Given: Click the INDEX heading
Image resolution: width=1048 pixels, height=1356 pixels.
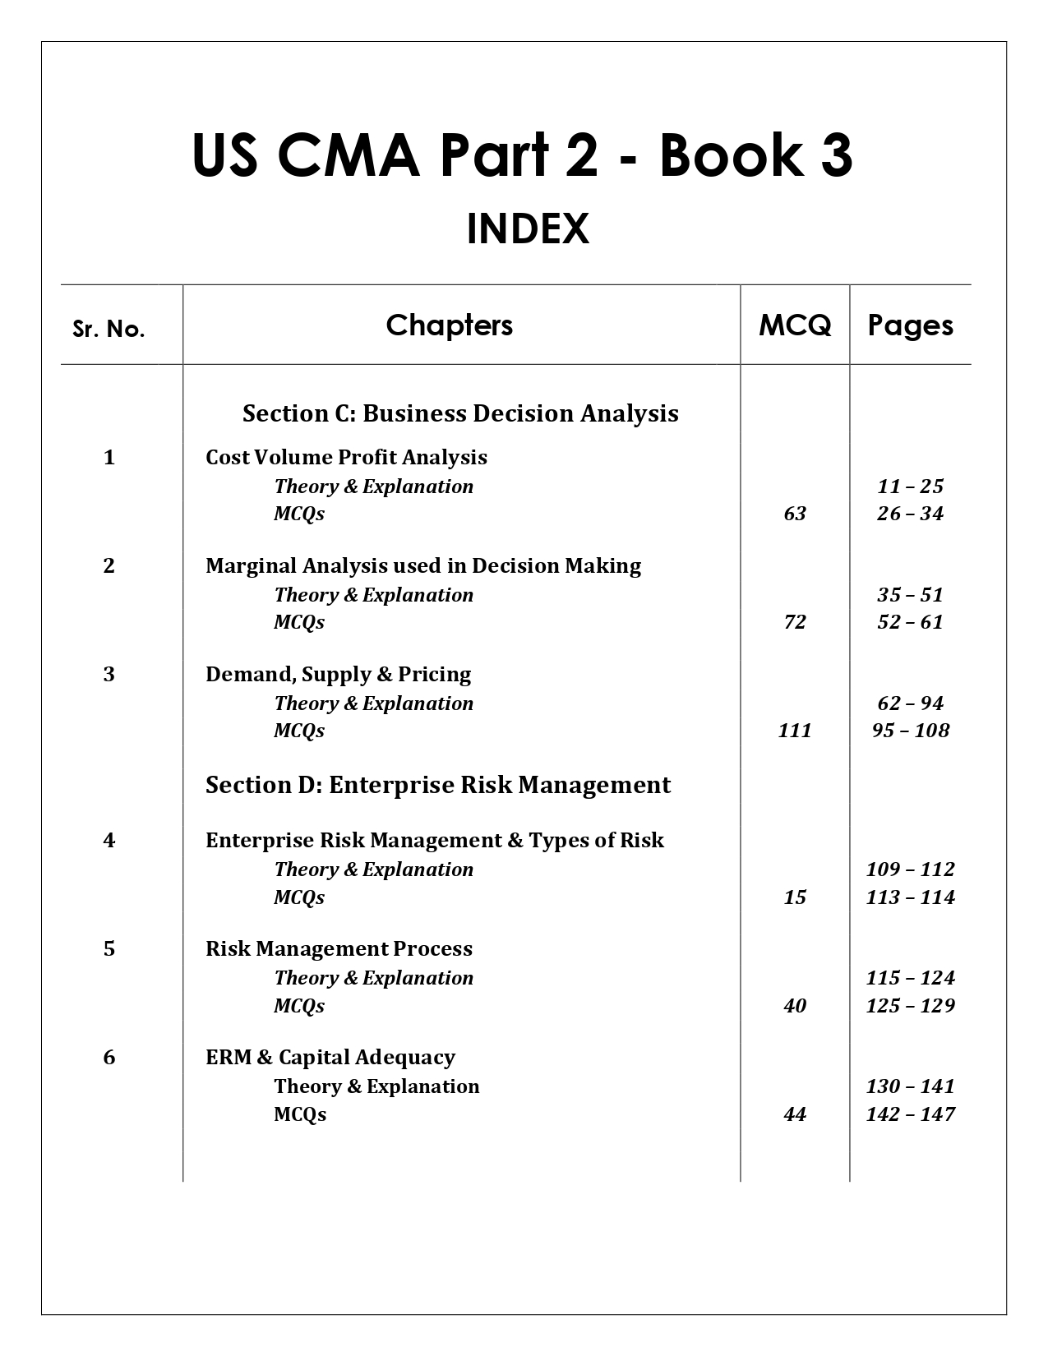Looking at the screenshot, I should [x=528, y=229].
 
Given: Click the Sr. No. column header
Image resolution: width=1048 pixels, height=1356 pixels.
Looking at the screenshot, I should [x=108, y=329].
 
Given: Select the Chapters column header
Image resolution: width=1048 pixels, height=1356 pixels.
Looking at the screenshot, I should [x=450, y=325].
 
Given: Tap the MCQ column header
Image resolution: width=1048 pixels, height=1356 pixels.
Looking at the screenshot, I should [x=795, y=325].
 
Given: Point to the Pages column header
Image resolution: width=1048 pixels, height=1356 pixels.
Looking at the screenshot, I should [x=911, y=325].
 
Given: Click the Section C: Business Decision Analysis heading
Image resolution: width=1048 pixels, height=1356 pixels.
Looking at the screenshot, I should [x=460, y=413].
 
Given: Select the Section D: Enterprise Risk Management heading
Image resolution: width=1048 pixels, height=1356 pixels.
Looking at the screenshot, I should [x=438, y=785].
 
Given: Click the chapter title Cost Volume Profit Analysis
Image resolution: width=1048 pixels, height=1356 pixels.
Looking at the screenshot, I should [x=346, y=457].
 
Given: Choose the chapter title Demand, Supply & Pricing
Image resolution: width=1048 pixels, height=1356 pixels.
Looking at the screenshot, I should [x=338, y=674].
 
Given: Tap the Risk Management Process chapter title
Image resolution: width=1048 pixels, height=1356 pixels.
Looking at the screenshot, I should [x=339, y=948].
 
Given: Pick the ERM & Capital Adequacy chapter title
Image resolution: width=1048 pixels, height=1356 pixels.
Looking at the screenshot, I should [x=330, y=1057].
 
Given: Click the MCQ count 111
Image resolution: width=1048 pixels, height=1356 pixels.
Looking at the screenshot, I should [x=795, y=731].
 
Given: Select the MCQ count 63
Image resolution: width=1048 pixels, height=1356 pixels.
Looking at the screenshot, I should [x=795, y=514].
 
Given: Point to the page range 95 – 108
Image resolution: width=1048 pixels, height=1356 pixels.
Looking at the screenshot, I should [x=911, y=731].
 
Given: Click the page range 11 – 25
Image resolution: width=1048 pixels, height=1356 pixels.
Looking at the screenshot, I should [x=911, y=487].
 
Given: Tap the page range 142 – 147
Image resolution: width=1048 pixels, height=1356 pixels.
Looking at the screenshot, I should [x=911, y=1114].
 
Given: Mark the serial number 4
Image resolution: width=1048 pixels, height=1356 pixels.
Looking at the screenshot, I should [x=109, y=840].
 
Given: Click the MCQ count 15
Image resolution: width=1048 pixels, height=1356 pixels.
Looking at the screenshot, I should [x=795, y=897].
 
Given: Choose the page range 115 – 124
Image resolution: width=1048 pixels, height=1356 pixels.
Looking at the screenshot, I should [x=911, y=978].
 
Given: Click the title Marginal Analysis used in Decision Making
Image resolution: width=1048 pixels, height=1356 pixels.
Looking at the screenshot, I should [x=423, y=565].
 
